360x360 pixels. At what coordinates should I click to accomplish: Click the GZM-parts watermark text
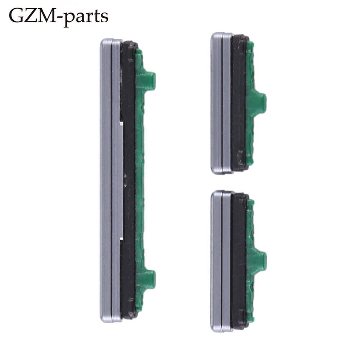coord(59,17)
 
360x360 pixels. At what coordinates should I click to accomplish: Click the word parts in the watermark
coord(86,18)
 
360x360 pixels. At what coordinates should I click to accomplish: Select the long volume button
coord(128,180)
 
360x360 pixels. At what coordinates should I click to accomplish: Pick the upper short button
coord(238,103)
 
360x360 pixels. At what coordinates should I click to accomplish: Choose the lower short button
coord(238,261)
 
